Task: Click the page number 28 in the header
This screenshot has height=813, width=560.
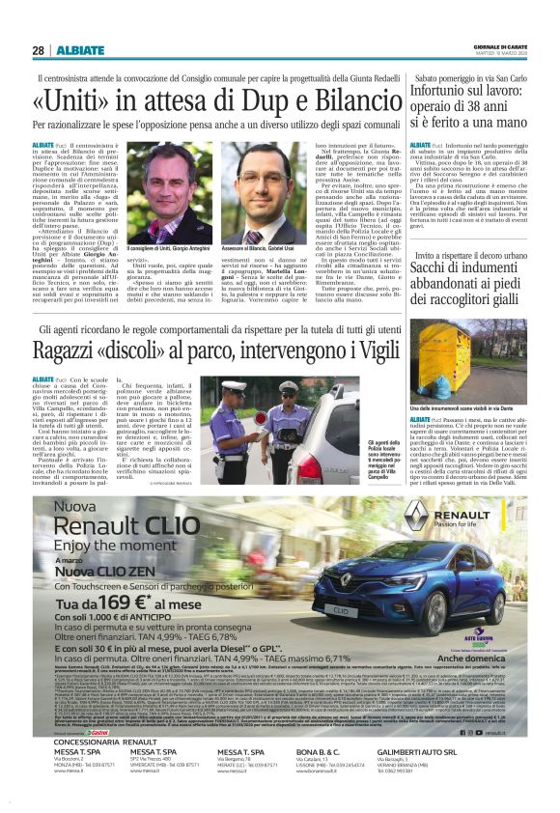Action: [x=37, y=50]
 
